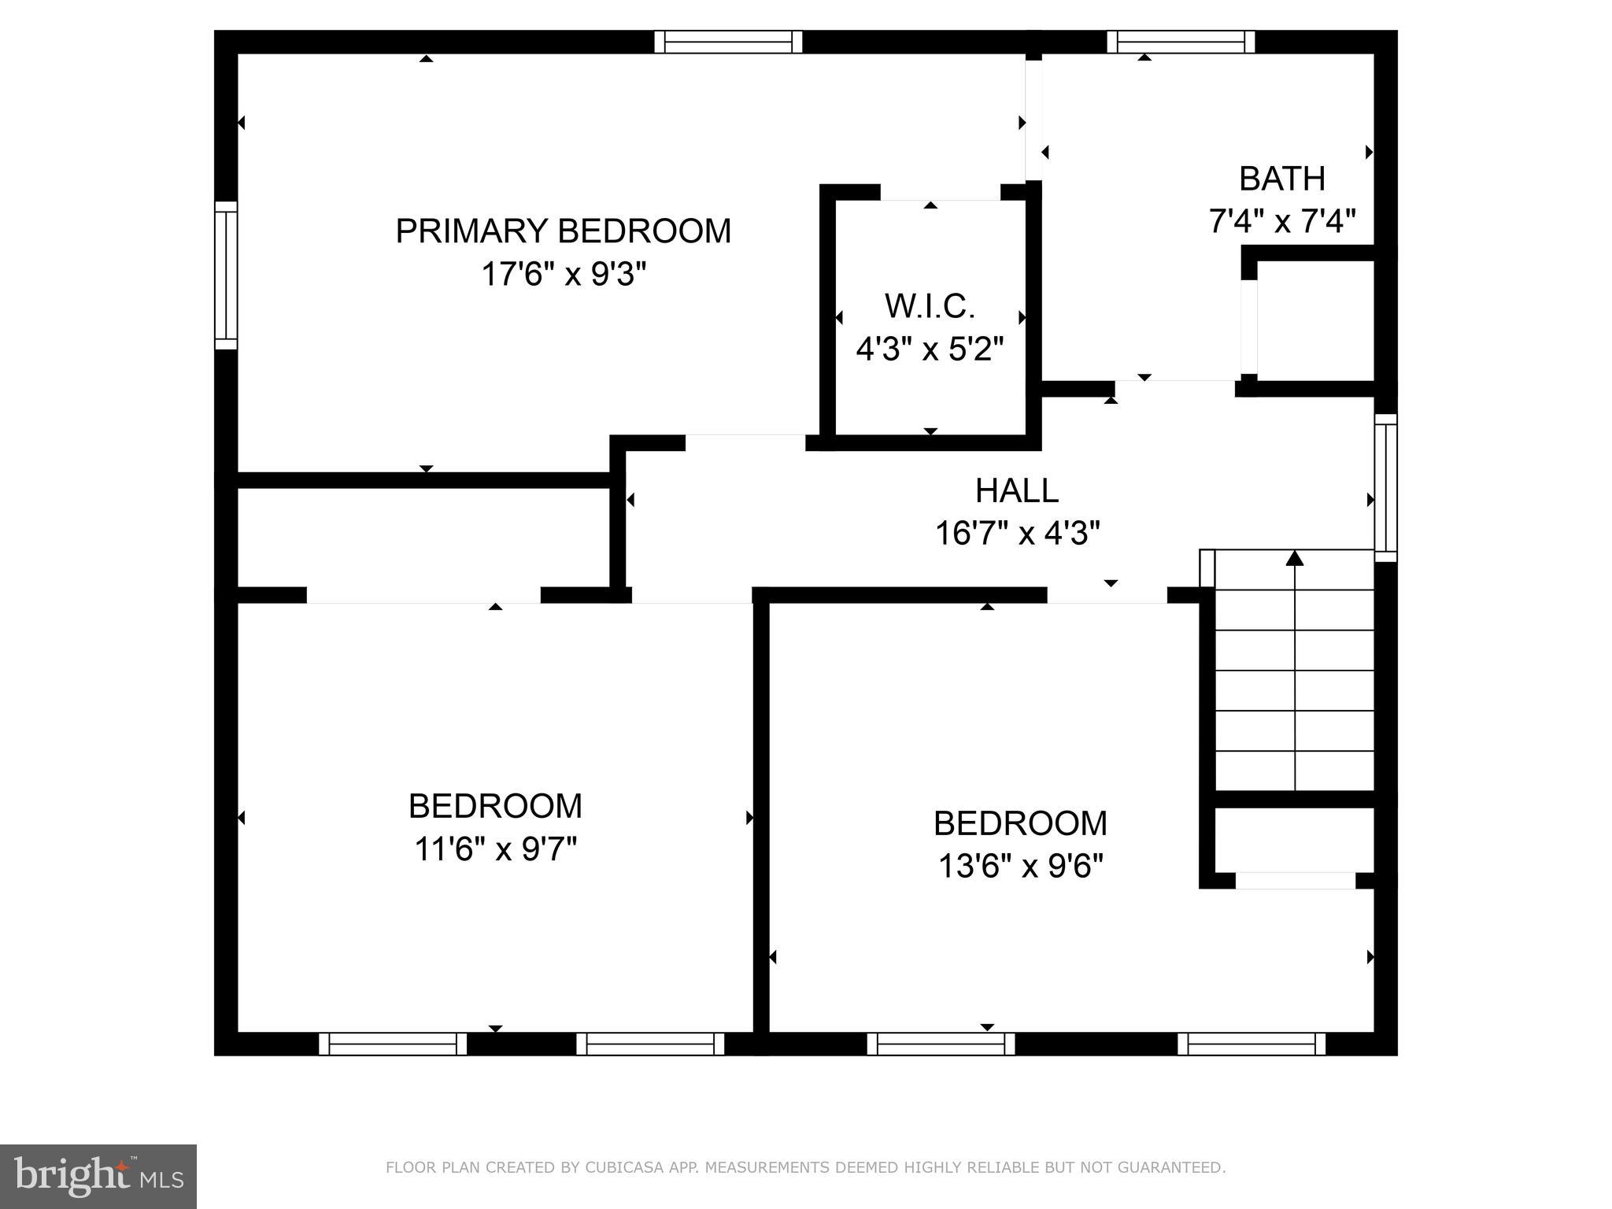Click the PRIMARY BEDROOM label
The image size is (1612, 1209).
tap(563, 231)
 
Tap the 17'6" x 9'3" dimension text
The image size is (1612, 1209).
tap(563, 275)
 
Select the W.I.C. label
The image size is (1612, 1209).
tap(930, 306)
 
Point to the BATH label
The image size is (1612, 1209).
tap(1281, 179)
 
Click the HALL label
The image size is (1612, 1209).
tap(1016, 490)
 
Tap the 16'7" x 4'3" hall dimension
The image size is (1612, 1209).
tap(1016, 534)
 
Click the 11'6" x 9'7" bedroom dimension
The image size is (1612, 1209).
tap(495, 849)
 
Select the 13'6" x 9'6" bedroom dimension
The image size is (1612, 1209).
tap(1020, 867)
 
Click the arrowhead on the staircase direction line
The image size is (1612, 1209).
tap(1295, 558)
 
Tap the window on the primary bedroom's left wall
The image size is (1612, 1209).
tap(226, 275)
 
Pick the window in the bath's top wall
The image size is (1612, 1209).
tap(1180, 42)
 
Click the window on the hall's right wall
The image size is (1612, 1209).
tap(1385, 487)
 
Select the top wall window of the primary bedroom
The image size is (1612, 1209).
tap(728, 42)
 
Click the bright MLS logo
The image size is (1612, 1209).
tap(98, 1176)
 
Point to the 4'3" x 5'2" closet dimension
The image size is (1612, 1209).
tap(930, 349)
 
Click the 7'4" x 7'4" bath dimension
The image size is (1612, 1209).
tap(1281, 221)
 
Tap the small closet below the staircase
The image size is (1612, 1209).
tap(1295, 839)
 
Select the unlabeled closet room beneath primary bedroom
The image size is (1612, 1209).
tap(423, 537)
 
